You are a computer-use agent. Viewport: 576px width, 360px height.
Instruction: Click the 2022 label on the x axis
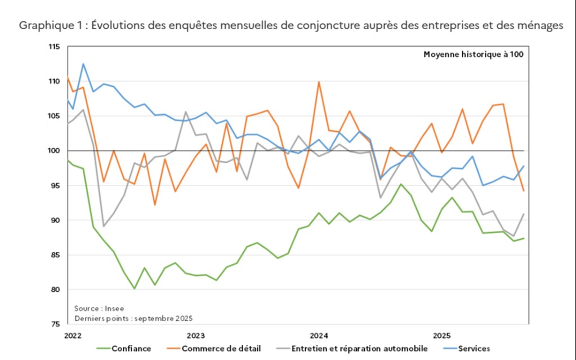pyautogui.click(x=73, y=335)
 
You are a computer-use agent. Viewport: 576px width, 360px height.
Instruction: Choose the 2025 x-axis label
pyautogui.click(x=442, y=335)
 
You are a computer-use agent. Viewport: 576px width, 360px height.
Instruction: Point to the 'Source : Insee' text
pyautogui.click(x=99, y=308)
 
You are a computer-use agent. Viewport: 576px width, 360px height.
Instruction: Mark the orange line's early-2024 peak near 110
pyautogui.click(x=319, y=82)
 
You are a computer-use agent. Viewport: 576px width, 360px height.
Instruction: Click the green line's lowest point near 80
pyautogui.click(x=135, y=288)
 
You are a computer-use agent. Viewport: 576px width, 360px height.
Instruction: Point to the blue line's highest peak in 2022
pyautogui.click(x=83, y=64)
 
